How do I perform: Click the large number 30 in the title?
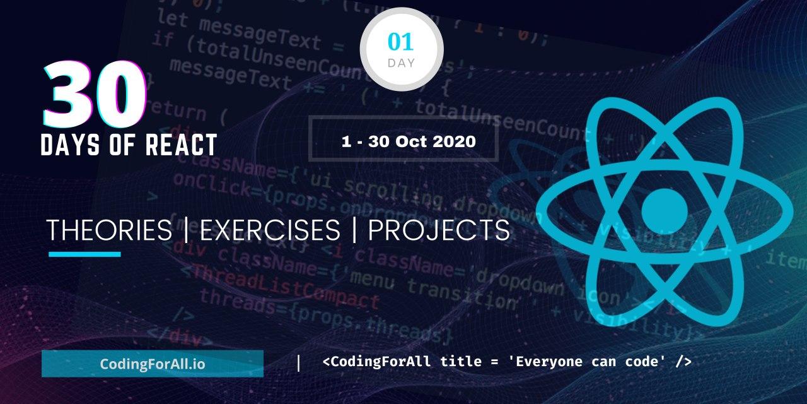[95, 94]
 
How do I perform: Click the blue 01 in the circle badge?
[401, 42]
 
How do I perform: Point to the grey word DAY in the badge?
[402, 63]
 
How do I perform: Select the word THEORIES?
[109, 231]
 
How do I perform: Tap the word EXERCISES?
[270, 231]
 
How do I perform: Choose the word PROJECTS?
[439, 231]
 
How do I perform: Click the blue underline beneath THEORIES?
[84, 254]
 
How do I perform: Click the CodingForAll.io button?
[153, 364]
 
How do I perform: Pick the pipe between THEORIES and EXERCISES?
[185, 231]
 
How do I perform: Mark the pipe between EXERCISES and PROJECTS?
[354, 231]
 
